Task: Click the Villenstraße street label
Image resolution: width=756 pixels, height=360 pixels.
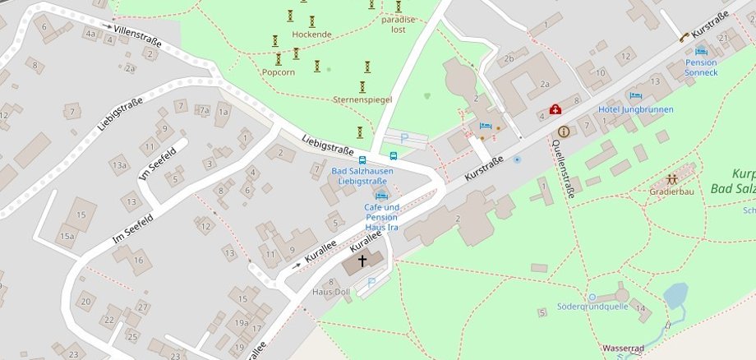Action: coord(137,35)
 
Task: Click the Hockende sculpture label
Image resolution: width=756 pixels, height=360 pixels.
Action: coord(311,35)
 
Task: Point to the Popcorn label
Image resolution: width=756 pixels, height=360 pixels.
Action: coord(278,72)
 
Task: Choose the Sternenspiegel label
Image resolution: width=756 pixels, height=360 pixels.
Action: coord(362,99)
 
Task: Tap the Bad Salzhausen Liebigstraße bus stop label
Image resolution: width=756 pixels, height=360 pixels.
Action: coord(362,175)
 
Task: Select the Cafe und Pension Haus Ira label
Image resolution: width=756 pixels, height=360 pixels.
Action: coord(381,217)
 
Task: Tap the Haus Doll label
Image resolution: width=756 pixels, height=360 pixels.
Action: coord(331,292)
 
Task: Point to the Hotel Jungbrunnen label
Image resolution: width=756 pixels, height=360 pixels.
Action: coord(635,109)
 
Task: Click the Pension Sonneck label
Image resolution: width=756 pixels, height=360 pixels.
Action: coord(701,67)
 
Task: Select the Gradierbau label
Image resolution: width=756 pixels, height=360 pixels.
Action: coord(671,192)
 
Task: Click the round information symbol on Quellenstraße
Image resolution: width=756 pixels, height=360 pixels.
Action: coord(563,132)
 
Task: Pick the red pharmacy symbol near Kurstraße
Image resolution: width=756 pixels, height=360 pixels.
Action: coord(555,109)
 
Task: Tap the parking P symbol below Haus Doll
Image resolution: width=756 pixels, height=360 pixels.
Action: coord(371,283)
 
